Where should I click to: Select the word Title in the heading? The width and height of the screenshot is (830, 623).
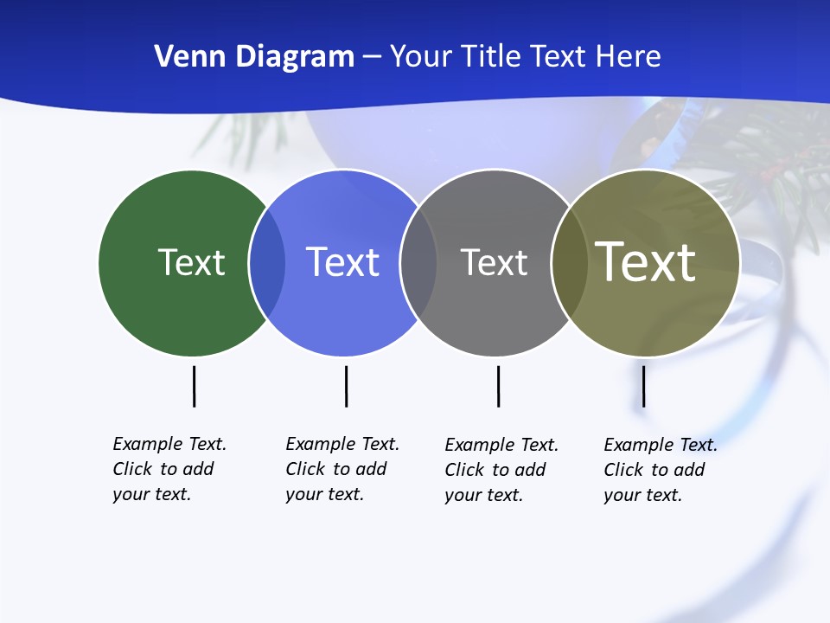coord(491,57)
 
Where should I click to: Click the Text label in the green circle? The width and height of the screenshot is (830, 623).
coord(191,262)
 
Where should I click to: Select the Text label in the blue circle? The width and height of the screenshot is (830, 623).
coord(342,262)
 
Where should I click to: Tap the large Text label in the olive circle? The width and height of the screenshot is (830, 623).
coord(645,261)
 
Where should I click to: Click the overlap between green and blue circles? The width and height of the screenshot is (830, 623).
coord(267,262)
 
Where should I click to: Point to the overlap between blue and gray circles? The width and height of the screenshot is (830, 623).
coord(418,262)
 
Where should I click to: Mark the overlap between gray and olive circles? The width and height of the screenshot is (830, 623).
coord(569,262)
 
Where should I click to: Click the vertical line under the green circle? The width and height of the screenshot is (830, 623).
coord(195,386)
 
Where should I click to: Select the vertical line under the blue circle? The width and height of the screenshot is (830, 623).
coord(346,386)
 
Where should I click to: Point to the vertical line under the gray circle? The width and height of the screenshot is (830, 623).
coord(498,386)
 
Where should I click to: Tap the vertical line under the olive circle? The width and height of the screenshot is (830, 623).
coord(643,386)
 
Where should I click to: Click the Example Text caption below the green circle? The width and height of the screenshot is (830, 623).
coord(169,469)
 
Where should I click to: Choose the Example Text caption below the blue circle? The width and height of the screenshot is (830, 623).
coord(342,469)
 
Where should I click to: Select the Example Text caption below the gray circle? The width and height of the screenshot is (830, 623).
coord(501,470)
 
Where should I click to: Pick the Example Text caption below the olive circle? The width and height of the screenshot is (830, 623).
coord(660,470)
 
